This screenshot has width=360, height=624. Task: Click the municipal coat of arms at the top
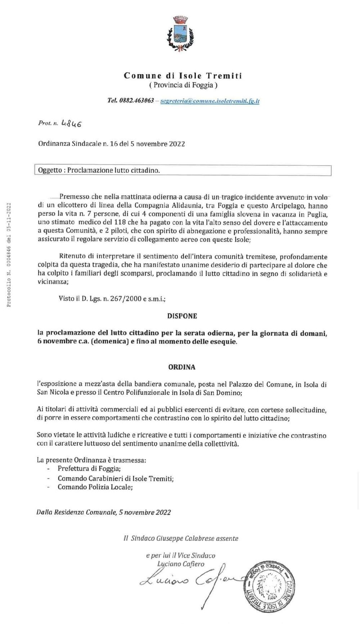point(180,33)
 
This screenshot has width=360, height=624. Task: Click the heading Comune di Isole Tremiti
point(183,76)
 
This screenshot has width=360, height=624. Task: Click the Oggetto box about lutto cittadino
point(183,170)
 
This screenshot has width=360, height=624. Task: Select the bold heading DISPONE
point(182,316)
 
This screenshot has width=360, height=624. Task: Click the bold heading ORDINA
point(182,367)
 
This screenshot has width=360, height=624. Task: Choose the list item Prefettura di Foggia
point(89,469)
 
